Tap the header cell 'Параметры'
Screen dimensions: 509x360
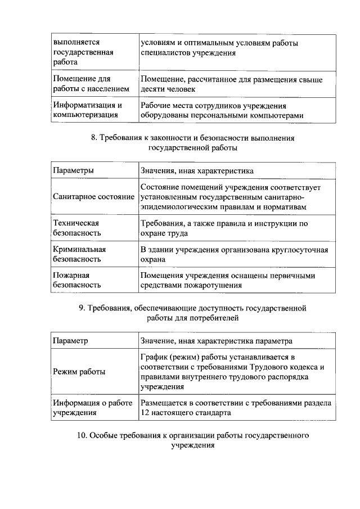(x=73, y=170)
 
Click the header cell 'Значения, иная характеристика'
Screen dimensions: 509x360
(x=197, y=170)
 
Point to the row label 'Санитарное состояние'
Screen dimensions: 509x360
(x=93, y=197)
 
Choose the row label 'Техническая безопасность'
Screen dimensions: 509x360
(x=76, y=228)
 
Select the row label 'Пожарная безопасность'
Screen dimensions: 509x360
(x=76, y=280)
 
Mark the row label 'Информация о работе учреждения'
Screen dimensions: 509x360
(x=92, y=408)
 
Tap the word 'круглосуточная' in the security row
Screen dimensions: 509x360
(x=301, y=250)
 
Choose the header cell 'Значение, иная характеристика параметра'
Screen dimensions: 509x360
(x=217, y=341)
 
